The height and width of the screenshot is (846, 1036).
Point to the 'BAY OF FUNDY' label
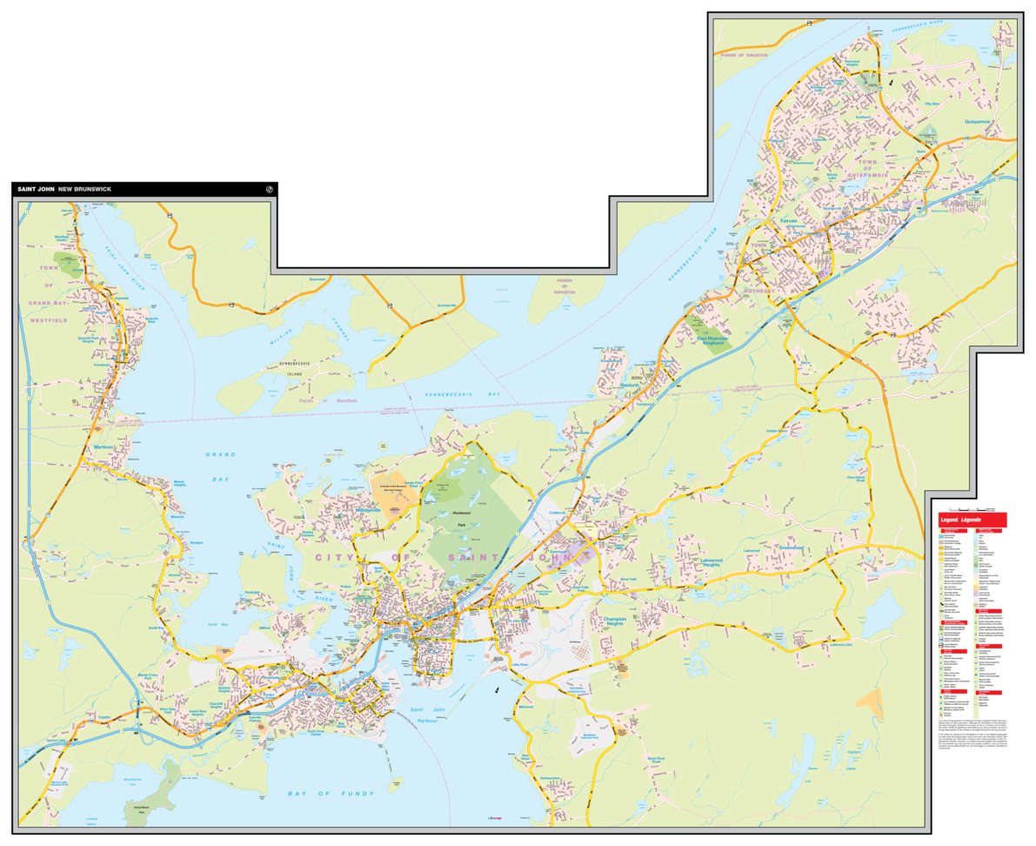point(331,794)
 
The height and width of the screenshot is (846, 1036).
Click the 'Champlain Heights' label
point(614,622)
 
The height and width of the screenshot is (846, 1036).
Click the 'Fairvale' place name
point(788,221)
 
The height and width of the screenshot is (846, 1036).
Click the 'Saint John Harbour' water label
point(426,716)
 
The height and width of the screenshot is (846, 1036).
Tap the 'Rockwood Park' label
point(467,516)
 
